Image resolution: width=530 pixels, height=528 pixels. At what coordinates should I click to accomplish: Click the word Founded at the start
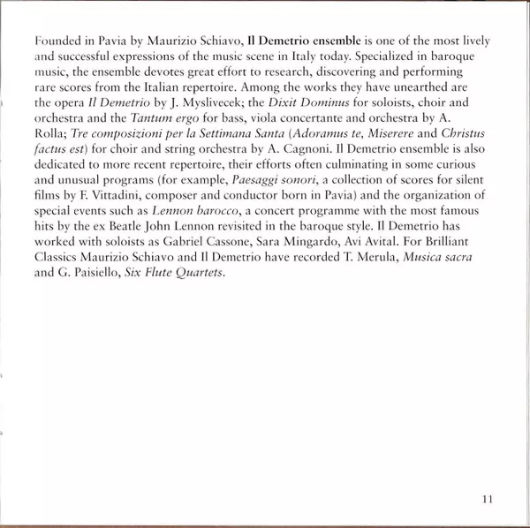click(x=52, y=41)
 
